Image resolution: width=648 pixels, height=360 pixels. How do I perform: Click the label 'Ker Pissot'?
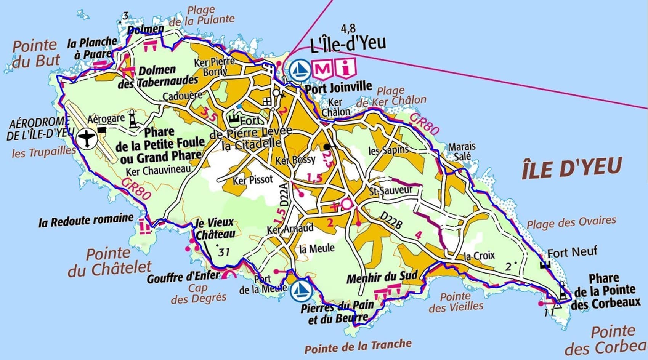(x=253, y=179)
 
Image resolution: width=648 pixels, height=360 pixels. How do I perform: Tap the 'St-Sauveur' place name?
(x=391, y=190)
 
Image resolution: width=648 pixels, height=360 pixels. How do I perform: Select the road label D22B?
(x=391, y=221)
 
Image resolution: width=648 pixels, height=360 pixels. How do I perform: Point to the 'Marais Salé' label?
(x=462, y=151)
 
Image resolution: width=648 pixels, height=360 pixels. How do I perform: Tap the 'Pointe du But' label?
(x=35, y=53)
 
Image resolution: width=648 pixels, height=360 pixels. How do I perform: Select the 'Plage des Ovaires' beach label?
(x=571, y=222)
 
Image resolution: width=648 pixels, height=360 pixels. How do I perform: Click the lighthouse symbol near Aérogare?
(x=133, y=119)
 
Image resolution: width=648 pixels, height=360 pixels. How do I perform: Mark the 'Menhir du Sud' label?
(x=382, y=277)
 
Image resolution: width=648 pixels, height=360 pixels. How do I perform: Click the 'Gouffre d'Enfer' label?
(x=183, y=277)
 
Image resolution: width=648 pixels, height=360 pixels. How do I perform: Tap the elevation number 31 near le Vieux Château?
(x=224, y=252)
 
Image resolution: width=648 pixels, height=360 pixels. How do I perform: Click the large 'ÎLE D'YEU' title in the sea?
(x=571, y=168)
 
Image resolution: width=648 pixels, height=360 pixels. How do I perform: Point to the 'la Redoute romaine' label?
(x=86, y=220)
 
